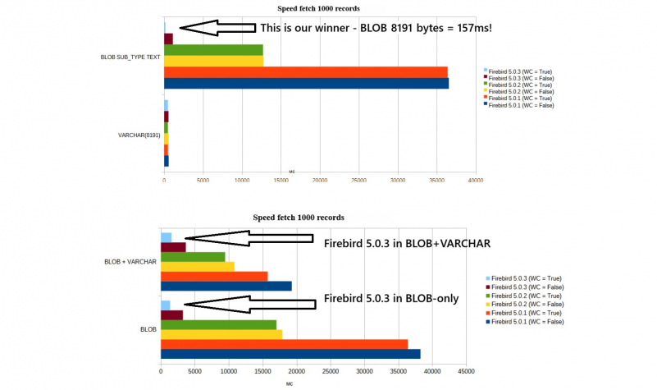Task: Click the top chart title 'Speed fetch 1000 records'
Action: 319,8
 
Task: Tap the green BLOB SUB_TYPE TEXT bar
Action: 213,50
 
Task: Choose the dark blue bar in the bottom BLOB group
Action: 290,354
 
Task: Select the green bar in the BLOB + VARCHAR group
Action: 193,257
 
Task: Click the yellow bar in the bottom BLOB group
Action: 221,334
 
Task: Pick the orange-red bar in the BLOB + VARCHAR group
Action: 214,276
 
